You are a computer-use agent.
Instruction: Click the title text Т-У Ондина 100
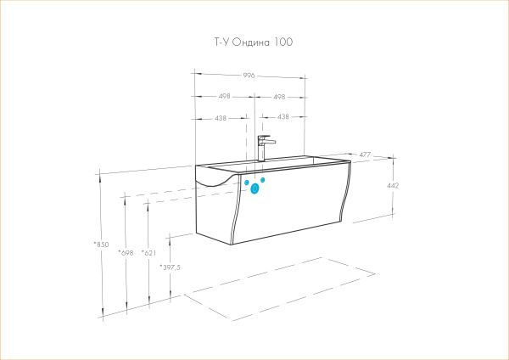tap(253, 42)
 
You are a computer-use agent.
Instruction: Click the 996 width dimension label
tap(249, 76)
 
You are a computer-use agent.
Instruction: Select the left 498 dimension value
tap(224, 97)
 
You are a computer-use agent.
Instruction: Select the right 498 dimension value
tap(279, 97)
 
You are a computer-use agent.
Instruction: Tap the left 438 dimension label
tap(221, 118)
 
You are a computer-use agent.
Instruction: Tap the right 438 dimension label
tap(283, 116)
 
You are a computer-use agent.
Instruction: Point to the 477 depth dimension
tap(365, 155)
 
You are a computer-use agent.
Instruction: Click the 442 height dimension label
tap(393, 186)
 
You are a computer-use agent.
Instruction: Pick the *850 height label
tap(101, 245)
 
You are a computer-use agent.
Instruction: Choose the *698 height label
tap(126, 253)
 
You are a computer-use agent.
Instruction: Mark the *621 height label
tap(149, 253)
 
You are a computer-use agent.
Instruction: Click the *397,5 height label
tap(170, 267)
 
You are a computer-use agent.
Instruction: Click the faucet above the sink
tap(265, 148)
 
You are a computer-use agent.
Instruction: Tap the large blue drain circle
tap(255, 188)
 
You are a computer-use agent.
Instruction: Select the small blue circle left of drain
tap(247, 183)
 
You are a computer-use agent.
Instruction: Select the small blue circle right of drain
tap(263, 180)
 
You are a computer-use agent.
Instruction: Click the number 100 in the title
tap(283, 42)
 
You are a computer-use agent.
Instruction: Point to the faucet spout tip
tap(274, 142)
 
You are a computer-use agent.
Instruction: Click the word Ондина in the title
tap(251, 42)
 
